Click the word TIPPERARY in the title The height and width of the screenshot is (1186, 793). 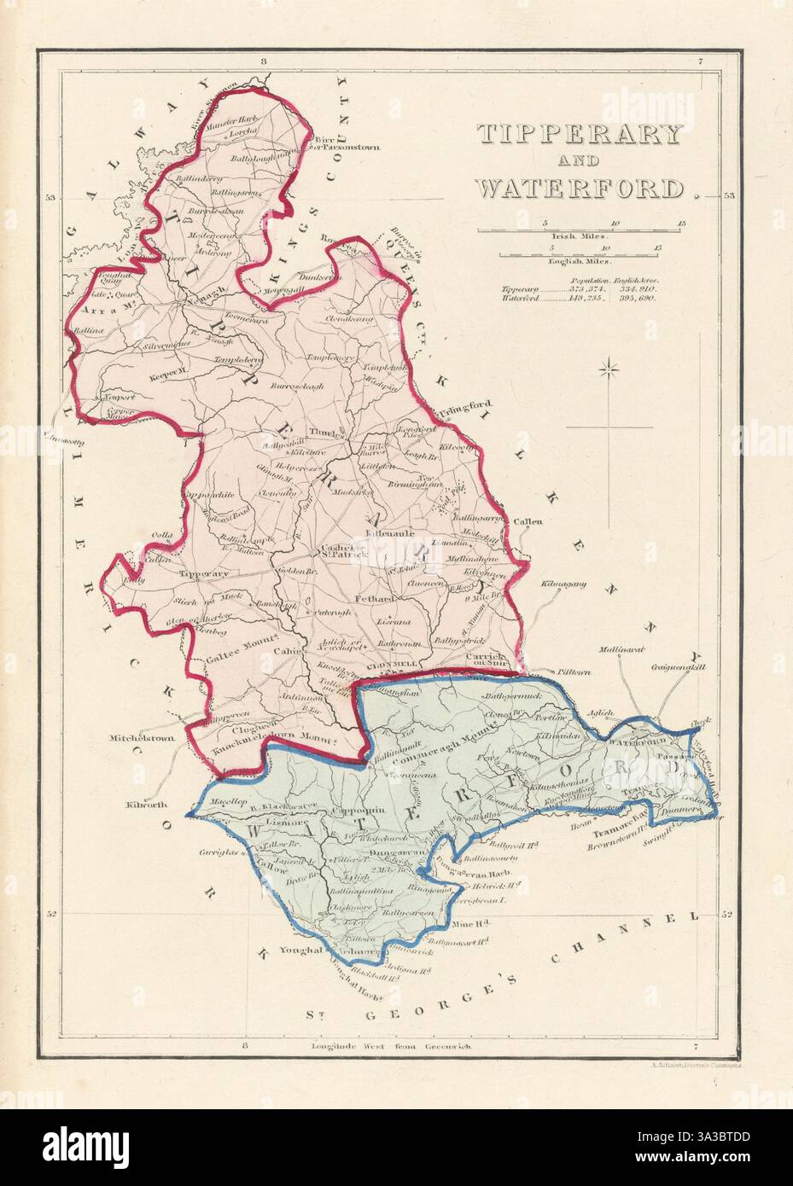tap(578, 135)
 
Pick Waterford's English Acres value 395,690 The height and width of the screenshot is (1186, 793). tap(646, 299)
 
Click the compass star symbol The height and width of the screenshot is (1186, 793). tap(609, 368)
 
